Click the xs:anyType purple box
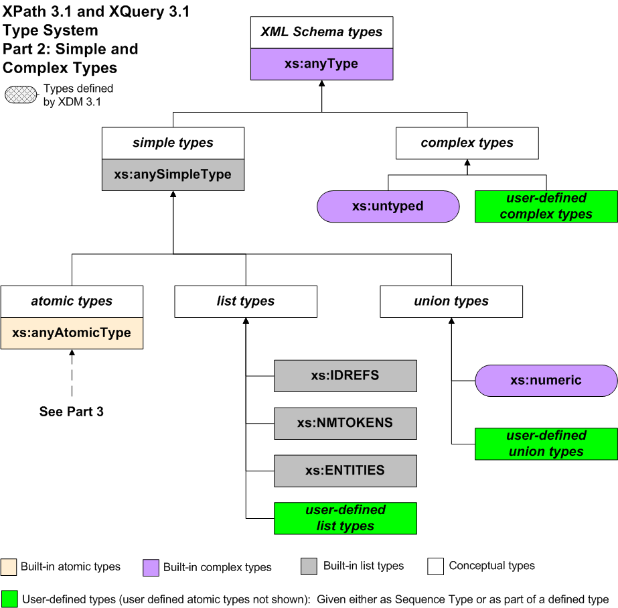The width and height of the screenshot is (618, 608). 321,64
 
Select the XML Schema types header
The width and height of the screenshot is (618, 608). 321,32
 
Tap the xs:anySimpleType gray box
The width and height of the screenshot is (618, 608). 173,174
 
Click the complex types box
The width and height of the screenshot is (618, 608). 467,143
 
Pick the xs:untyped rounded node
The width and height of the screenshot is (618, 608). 388,206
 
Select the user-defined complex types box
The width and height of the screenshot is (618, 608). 546,206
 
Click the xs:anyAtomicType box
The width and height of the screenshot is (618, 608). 72,333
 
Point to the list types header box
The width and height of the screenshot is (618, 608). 246,302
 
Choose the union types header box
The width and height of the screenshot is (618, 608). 451,302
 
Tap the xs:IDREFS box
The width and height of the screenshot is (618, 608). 345,376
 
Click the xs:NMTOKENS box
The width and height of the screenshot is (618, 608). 345,423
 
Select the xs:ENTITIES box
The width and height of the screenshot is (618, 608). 345,471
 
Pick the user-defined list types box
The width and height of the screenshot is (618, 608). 345,518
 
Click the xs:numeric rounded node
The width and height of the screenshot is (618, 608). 546,381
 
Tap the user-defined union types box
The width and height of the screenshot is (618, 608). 546,444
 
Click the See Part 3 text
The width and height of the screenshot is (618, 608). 72,412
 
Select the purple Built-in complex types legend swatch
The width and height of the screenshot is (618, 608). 151,567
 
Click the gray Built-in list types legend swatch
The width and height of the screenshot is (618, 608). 309,566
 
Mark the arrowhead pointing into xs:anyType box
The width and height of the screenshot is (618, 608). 321,84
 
